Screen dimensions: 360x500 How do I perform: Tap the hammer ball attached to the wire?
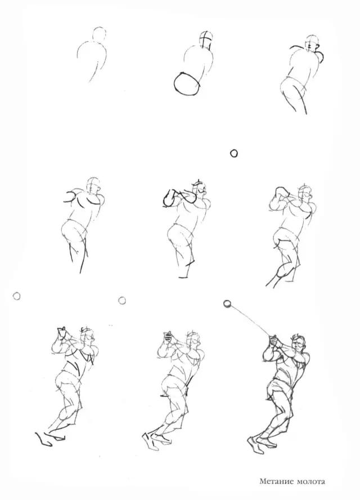[x=227, y=304]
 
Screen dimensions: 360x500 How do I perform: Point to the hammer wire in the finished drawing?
[x=251, y=320]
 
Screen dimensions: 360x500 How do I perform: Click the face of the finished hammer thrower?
[x=299, y=345]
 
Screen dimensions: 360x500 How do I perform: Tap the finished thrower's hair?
[x=299, y=337]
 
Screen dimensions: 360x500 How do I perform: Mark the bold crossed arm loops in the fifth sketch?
[x=178, y=198]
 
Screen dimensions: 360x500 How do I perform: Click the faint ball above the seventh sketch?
[x=16, y=296]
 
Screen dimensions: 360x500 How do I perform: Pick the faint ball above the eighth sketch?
[x=121, y=300]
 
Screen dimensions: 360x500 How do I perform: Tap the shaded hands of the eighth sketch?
[x=168, y=338]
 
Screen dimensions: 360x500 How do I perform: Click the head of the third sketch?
[x=313, y=42]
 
